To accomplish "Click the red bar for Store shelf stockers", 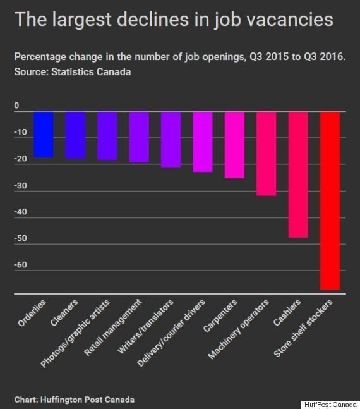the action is click(x=330, y=200).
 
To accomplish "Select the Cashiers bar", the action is click(x=298, y=174).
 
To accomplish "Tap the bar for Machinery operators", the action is click(x=267, y=154).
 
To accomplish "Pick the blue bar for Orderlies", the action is click(x=44, y=135).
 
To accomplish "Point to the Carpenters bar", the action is click(x=234, y=145).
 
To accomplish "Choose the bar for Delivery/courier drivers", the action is click(x=203, y=142).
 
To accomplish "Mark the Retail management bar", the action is click(x=139, y=137).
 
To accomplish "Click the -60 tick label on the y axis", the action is click(x=20, y=265).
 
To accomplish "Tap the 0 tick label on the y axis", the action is click(x=16, y=106).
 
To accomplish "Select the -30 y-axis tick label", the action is click(x=20, y=186).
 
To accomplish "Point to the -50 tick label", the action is click(x=20, y=238).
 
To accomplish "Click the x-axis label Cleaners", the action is click(x=64, y=312).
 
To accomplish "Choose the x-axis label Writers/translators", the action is click(x=145, y=326).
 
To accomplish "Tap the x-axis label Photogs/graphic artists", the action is click(x=75, y=333).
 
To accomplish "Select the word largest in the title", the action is click(x=82, y=20).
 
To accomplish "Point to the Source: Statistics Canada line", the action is click(x=73, y=71).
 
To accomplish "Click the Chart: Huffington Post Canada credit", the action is click(x=75, y=400).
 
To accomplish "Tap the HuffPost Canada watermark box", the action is click(x=330, y=405).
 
